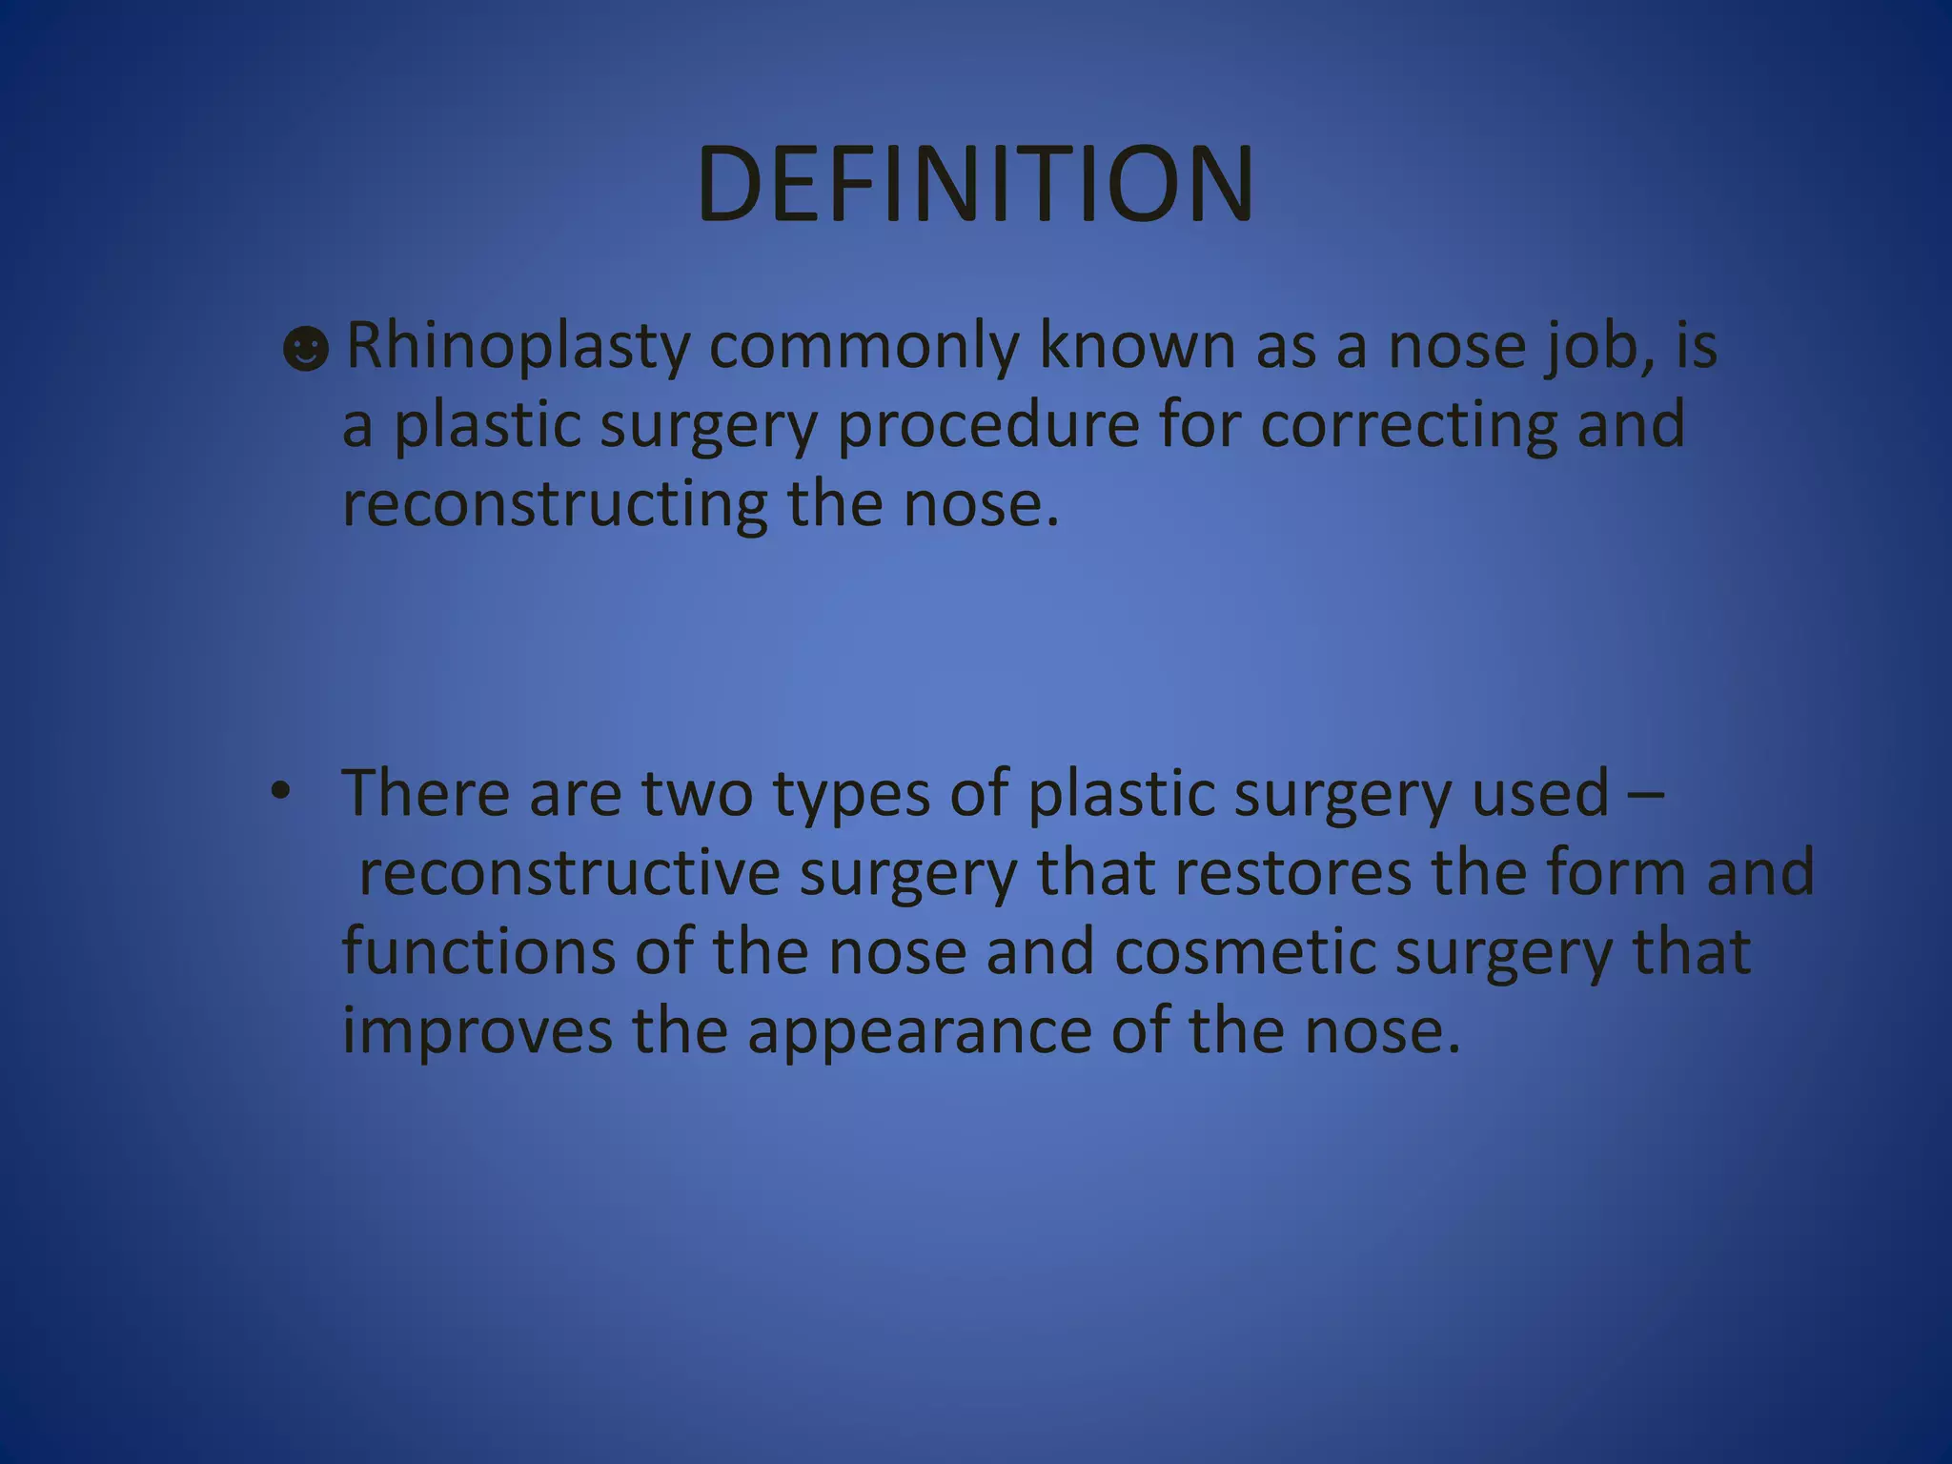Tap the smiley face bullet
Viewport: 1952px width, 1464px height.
[x=306, y=350]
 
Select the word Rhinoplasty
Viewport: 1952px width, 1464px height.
[x=518, y=347]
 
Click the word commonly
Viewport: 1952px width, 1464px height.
[x=863, y=347]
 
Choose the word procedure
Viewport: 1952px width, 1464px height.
[x=987, y=426]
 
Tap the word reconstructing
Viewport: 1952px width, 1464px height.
[x=555, y=505]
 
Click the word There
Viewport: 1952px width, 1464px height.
[x=425, y=793]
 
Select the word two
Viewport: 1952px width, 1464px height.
[x=697, y=793]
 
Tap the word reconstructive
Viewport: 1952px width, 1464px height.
[x=569, y=873]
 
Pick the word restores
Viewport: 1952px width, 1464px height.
[x=1292, y=873]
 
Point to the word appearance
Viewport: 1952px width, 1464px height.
[x=919, y=1033]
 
